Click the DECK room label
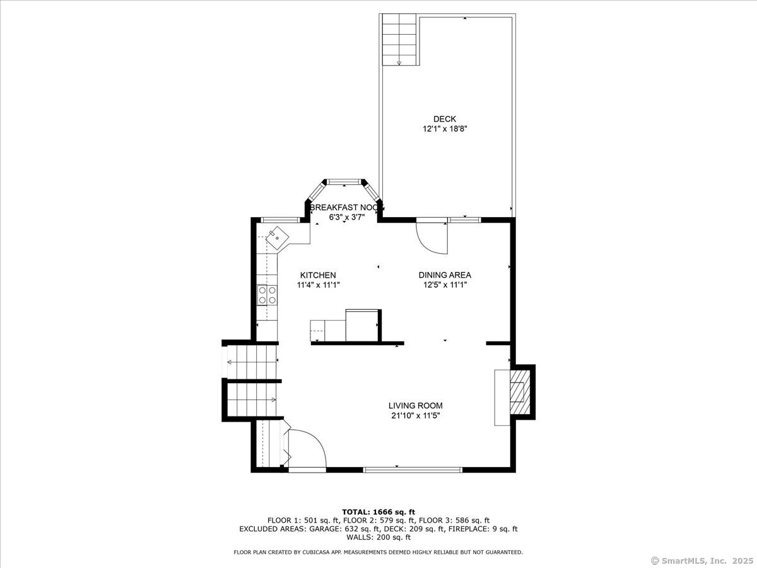[445, 119]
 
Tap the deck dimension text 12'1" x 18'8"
[445, 129]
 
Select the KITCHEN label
[318, 275]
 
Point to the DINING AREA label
[445, 275]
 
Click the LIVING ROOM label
[416, 406]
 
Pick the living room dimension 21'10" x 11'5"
[416, 416]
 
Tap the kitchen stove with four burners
[267, 295]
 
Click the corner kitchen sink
[278, 238]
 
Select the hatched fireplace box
[520, 392]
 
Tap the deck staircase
[399, 39]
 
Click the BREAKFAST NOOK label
[347, 208]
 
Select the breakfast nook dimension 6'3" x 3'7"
[347, 217]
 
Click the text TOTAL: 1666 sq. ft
[378, 512]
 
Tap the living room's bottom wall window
[413, 470]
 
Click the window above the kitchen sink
[280, 220]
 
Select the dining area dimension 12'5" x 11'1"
[445, 285]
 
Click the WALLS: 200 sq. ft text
[378, 537]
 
